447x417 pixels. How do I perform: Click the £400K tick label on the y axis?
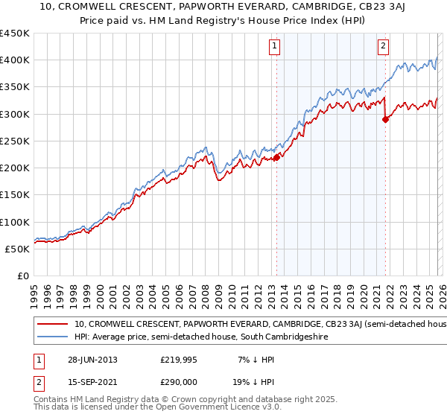pos(15,60)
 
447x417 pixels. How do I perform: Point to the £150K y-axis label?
pos(15,194)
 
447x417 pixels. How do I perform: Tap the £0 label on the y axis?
pos(22,276)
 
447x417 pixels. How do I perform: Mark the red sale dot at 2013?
pos(276,157)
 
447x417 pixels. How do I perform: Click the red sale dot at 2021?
pos(385,119)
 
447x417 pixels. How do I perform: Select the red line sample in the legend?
pos(53,325)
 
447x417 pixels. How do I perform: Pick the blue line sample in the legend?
pos(53,337)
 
